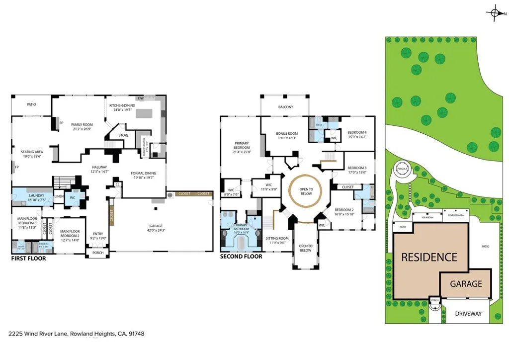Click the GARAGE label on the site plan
point(466,284)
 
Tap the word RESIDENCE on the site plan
point(428,257)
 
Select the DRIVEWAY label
point(468,314)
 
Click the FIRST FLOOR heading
point(28,259)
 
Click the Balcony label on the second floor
point(285,107)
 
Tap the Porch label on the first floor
point(97,253)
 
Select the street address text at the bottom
point(77,334)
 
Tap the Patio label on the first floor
point(33,105)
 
